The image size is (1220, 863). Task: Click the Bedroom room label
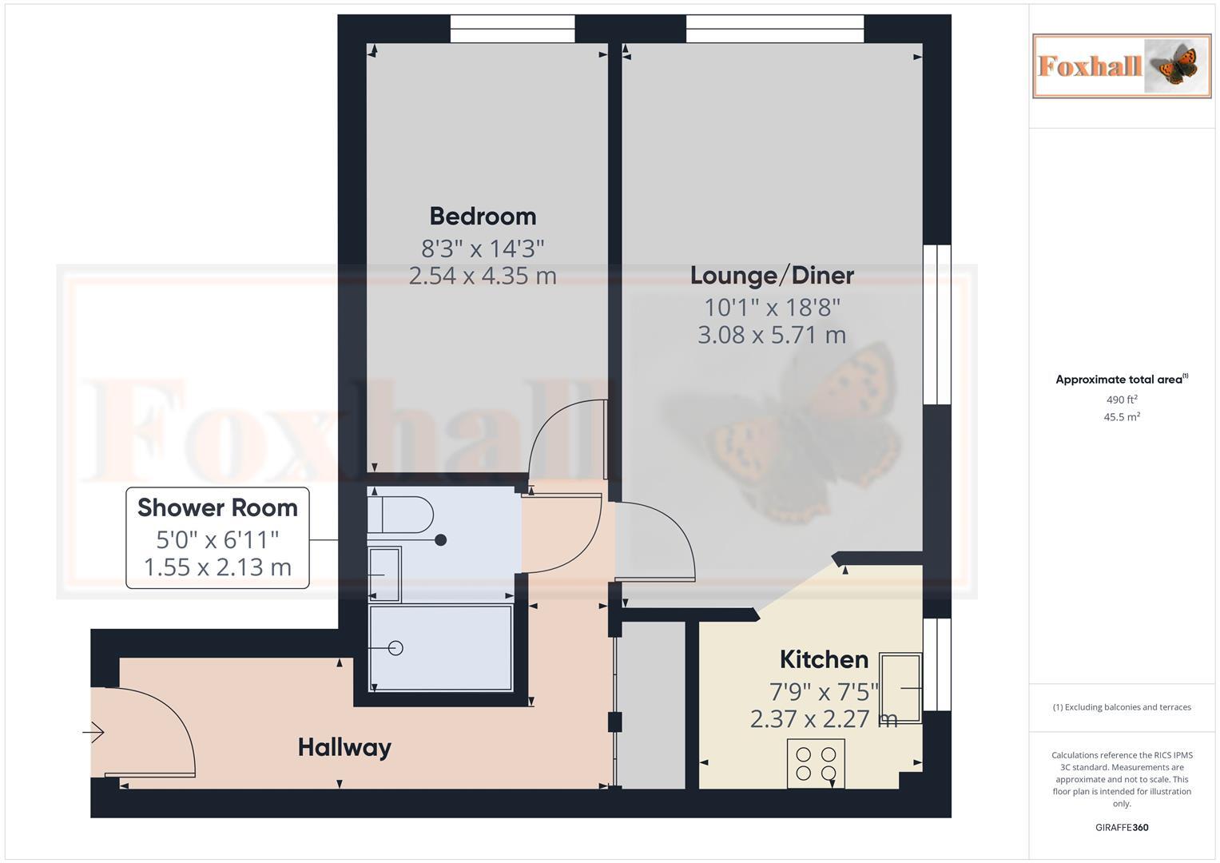(x=483, y=217)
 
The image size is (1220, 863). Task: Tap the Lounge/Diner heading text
(x=772, y=276)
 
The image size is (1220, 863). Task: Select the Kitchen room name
(x=824, y=660)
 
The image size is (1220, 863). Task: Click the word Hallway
(x=344, y=748)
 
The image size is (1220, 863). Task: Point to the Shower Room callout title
(x=217, y=508)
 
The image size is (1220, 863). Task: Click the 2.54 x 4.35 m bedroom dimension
(x=483, y=276)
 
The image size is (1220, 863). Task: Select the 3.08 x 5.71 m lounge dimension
(x=772, y=335)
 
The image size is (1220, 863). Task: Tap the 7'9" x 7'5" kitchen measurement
(x=824, y=690)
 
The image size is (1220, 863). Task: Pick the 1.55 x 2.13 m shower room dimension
(x=217, y=567)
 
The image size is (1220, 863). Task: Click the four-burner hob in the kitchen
(x=816, y=763)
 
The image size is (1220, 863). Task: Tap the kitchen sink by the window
(x=900, y=687)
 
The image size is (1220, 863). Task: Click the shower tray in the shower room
(x=441, y=648)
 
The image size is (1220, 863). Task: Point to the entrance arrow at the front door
(x=93, y=732)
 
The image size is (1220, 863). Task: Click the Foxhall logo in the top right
(x=1122, y=66)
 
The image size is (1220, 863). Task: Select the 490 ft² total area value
(x=1122, y=400)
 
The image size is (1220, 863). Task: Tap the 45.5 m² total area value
(x=1122, y=417)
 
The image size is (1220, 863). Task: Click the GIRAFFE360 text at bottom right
(x=1122, y=828)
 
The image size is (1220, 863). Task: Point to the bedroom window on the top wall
(x=512, y=30)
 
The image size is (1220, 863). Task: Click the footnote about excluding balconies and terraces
(x=1122, y=707)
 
